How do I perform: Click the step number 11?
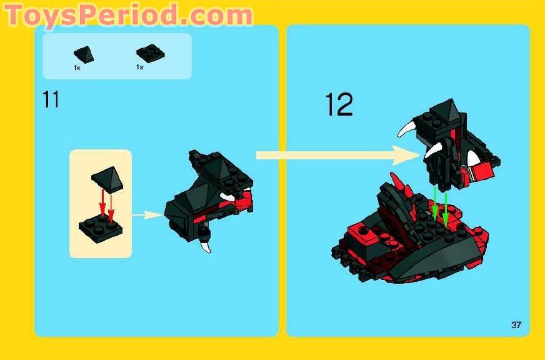coord(51,99)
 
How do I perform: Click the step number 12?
coord(339,104)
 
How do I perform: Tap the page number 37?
coord(516,324)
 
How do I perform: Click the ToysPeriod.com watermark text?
coord(128,16)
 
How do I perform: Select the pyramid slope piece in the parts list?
coord(84,54)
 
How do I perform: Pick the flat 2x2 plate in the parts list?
coord(150,54)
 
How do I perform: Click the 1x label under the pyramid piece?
coord(77,67)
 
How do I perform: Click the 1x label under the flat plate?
coord(140,67)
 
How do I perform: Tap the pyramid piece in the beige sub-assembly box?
coord(107,179)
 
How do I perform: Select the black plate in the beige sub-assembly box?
coord(101,229)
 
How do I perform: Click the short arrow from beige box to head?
coord(147,215)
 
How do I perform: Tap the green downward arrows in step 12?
coord(440,205)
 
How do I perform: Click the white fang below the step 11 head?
coord(206,246)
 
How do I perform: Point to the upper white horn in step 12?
coord(407,128)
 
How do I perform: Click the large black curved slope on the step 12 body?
coord(438,257)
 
